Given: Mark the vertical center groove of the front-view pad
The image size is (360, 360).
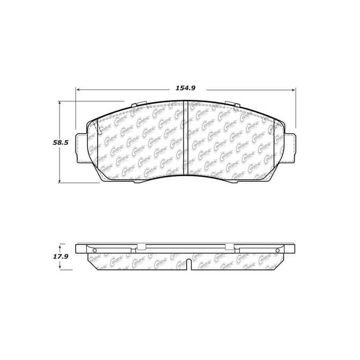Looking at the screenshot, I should pyautogui.click(x=185, y=137).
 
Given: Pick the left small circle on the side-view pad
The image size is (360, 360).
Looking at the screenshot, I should pyautogui.click(x=94, y=250).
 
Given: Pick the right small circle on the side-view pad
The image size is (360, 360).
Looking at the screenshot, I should pyautogui.click(x=277, y=250).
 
